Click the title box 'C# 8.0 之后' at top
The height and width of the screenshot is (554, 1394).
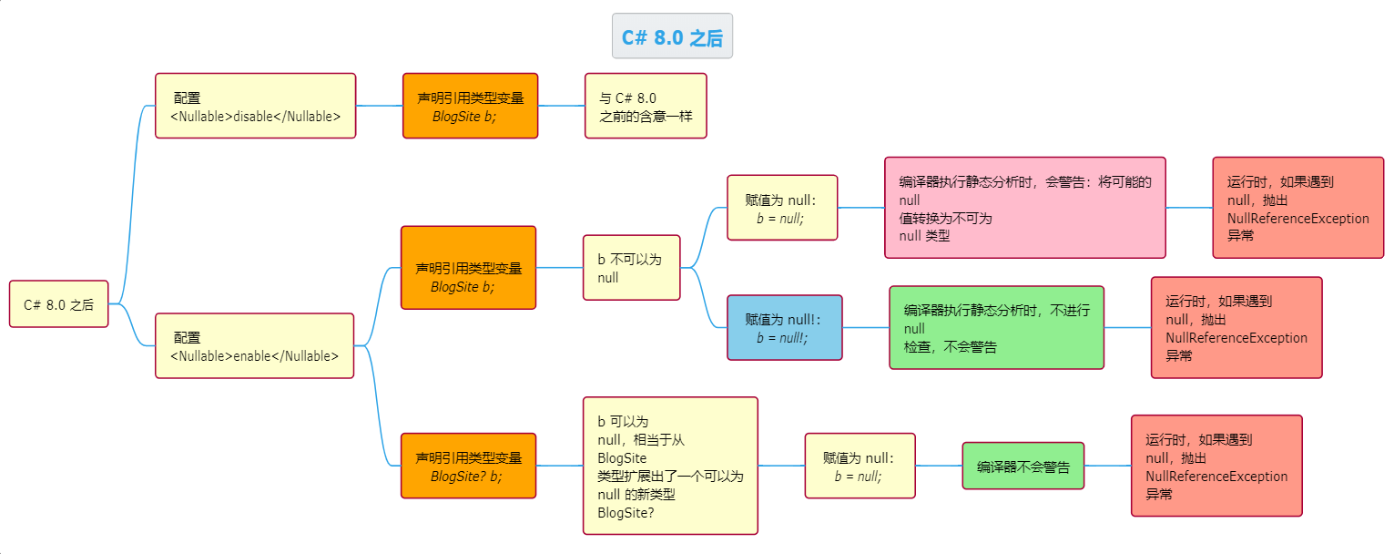672,36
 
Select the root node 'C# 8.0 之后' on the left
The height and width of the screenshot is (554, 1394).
59,304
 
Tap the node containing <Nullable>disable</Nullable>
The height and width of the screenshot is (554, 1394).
255,106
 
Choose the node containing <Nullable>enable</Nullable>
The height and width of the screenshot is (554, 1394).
254,346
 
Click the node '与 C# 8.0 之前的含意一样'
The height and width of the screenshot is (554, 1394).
646,106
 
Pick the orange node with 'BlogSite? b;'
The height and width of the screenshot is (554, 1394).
468,466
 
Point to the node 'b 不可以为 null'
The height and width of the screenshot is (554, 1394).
631,268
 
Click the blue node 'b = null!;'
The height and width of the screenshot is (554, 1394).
784,327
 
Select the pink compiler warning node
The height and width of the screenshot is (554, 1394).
1024,208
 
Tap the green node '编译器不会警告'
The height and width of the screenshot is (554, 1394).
1023,467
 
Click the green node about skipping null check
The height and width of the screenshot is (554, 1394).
996,327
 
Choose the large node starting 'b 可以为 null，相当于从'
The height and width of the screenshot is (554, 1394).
670,466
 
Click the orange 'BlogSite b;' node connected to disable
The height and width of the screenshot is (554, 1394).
470,106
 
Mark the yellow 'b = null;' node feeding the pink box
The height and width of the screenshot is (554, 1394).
781,208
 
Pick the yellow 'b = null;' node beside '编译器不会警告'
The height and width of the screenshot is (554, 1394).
860,466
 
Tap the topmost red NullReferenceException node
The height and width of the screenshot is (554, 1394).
1297,208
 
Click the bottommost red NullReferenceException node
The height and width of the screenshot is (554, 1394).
1216,466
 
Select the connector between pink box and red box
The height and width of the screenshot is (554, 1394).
1189,208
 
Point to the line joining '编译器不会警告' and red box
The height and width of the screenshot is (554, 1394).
1107,466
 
